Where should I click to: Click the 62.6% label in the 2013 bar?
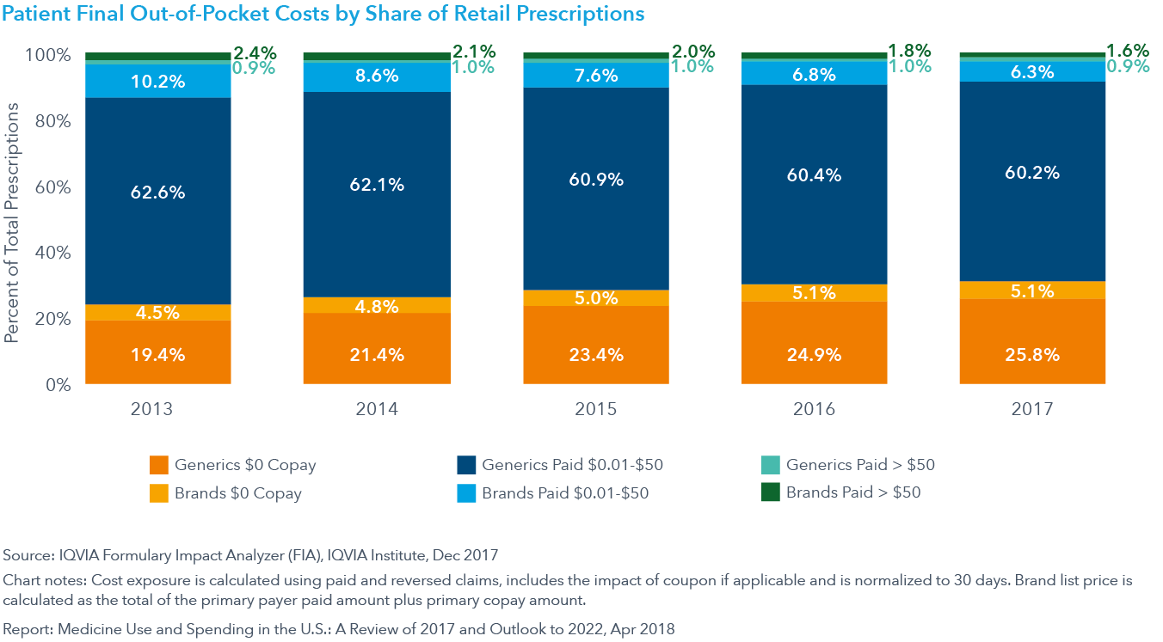[x=158, y=193]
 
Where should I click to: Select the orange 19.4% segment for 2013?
[x=158, y=353]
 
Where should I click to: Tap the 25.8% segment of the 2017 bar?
[x=1032, y=353]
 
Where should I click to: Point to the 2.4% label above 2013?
[x=255, y=52]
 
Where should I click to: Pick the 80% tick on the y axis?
[x=53, y=121]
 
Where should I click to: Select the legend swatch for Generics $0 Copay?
[x=157, y=465]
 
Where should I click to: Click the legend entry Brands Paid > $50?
[x=852, y=492]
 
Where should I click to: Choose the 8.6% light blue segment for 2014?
[x=377, y=76]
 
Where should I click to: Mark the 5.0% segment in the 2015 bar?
[x=595, y=298]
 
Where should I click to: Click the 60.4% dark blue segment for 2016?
[x=814, y=175]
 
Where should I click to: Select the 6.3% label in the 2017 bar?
[x=1032, y=73]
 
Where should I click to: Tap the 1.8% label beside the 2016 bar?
[x=910, y=49]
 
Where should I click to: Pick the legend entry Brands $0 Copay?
[x=238, y=492]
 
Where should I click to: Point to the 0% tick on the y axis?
[x=58, y=385]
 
